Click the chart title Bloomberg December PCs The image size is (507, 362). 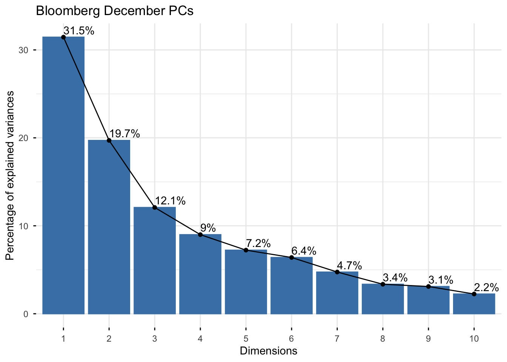pos(115,11)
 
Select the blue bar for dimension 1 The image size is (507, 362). pos(63,175)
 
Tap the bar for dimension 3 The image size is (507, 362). pos(155,261)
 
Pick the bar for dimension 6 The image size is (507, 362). pos(292,285)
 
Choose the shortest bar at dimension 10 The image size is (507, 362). pos(474,304)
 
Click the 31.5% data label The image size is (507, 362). pos(79,31)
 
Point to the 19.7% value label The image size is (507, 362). pos(125,133)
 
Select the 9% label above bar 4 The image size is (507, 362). pos(208,228)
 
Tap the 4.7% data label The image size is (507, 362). pos(349,265)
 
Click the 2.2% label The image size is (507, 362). pos(486,287)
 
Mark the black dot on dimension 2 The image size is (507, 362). pos(109,141)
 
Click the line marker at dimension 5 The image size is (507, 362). pos(246,250)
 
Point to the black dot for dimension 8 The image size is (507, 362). pos(383,284)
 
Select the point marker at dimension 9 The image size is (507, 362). pos(429,287)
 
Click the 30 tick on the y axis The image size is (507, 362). pos(23,50)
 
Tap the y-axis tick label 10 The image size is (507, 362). pos(23,226)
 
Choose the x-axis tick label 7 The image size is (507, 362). pos(337,339)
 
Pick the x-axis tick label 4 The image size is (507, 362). pos(200,339)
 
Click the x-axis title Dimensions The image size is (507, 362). pos(269,351)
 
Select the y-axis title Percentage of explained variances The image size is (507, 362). pos(10,175)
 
